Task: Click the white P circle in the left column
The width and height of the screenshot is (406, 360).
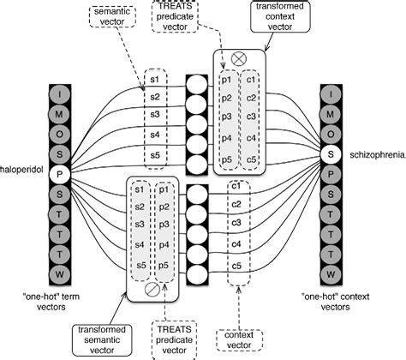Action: pyautogui.click(x=59, y=174)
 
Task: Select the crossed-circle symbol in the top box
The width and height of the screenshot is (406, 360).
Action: pyautogui.click(x=240, y=60)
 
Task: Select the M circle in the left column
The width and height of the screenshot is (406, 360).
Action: pyautogui.click(x=59, y=112)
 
